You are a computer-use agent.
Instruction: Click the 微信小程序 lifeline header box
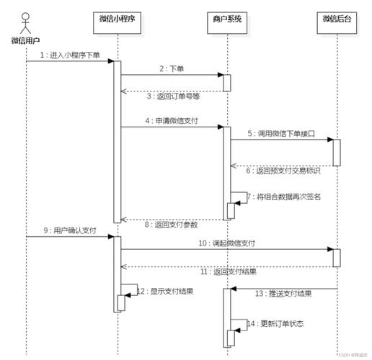point(118,19)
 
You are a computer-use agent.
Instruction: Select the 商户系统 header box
point(226,19)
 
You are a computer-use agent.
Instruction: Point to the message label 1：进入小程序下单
point(70,55)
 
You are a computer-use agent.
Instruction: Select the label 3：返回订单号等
point(172,96)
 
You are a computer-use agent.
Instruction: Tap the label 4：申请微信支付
point(172,120)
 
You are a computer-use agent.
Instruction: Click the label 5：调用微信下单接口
point(281,133)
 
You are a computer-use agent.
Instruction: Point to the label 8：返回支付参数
point(172,224)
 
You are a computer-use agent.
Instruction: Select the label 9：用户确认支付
point(69,230)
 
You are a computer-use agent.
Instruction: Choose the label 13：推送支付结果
point(283,293)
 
